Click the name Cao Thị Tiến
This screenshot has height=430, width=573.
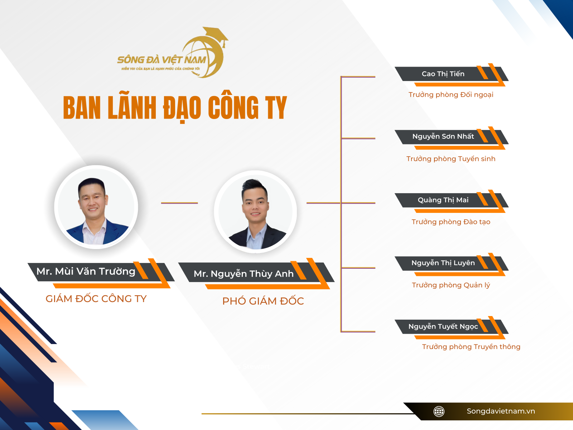point(443,74)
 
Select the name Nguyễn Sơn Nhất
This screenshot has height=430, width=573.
point(443,137)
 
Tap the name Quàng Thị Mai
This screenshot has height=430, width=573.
point(443,200)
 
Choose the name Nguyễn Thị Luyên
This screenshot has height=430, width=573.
point(443,263)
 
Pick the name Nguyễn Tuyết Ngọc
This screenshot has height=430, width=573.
point(443,326)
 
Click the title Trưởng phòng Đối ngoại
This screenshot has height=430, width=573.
point(451,95)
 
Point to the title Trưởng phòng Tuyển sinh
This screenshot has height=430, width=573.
point(451,159)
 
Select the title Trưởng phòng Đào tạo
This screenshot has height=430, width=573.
point(451,222)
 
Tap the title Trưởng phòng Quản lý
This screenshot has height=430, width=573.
point(451,285)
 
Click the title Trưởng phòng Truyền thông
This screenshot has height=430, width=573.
point(471,347)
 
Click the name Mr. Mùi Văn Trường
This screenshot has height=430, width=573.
point(86,272)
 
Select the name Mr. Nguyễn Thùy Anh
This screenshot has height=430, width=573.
point(244,274)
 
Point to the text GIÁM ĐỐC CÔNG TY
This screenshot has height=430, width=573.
point(96,299)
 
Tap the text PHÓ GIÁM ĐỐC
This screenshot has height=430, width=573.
point(263,301)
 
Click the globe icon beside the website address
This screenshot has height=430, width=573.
point(439,411)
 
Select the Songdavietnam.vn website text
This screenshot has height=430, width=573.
point(501,411)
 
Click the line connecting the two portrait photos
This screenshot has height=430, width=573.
point(179,203)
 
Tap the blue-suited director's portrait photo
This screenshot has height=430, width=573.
point(96,207)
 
